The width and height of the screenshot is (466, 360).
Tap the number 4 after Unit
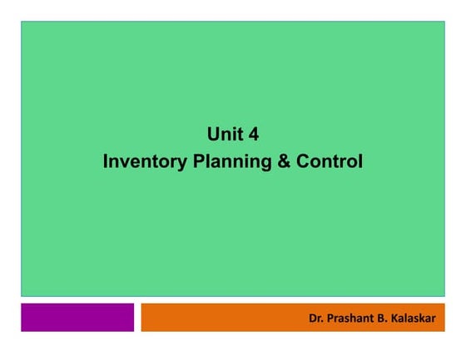[253, 134]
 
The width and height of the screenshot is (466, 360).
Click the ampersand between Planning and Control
[284, 160]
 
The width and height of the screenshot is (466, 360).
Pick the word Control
[330, 160]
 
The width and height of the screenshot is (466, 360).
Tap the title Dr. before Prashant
[315, 318]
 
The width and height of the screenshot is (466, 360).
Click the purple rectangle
[77, 317]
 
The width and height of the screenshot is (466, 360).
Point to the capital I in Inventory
[106, 160]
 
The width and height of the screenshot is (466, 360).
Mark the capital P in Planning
[198, 160]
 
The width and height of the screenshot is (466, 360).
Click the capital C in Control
[305, 160]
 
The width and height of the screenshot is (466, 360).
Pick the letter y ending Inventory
[183, 162]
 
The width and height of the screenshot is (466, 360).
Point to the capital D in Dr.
[312, 318]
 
